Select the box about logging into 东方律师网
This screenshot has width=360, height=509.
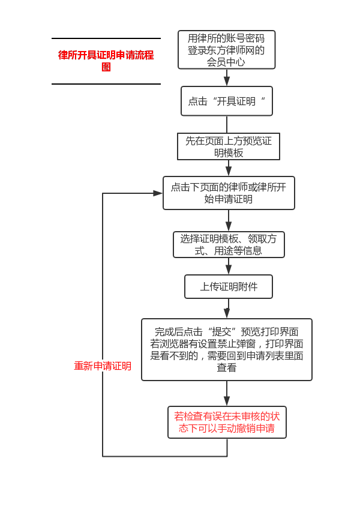coord(226,50)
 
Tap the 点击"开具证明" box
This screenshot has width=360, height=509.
coord(226,101)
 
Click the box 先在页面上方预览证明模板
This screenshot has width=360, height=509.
coord(228,146)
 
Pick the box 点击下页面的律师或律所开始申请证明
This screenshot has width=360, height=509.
coord(228,193)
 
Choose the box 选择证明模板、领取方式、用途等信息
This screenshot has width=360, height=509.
coord(228,244)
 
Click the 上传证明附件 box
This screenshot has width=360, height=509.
coord(228,286)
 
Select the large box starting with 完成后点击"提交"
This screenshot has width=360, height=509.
coord(226,349)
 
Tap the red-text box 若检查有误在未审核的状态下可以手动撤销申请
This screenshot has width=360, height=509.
coord(226,422)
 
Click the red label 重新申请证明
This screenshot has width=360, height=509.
coord(103,366)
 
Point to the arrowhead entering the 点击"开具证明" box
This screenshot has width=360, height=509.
coord(227,82)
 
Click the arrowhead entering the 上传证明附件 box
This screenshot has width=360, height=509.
coord(229,270)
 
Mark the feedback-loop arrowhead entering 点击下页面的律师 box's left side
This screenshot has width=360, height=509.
coord(157,193)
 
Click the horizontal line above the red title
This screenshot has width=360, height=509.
coord(106,38)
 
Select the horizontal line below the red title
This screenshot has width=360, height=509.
coord(106,84)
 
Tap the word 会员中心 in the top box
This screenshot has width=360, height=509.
coord(226,61)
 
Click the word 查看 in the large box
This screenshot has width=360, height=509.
coord(226,367)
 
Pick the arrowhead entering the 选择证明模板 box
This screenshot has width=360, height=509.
coord(229,227)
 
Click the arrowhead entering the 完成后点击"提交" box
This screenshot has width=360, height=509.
coord(227,313)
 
